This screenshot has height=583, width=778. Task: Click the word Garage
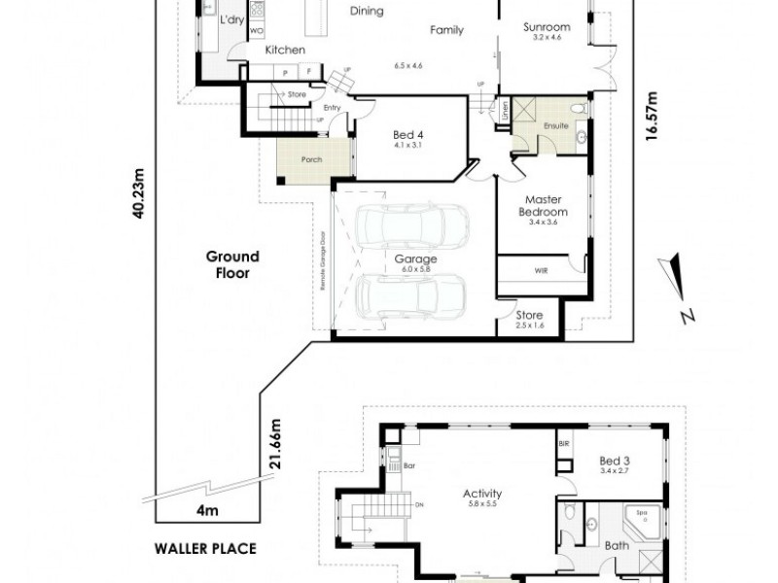[x=414, y=259]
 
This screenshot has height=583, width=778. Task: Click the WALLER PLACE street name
[x=205, y=548]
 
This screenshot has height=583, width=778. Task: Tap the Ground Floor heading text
[x=232, y=264]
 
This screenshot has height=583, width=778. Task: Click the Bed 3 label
[x=616, y=461]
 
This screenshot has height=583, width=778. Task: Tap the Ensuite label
[x=556, y=125]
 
